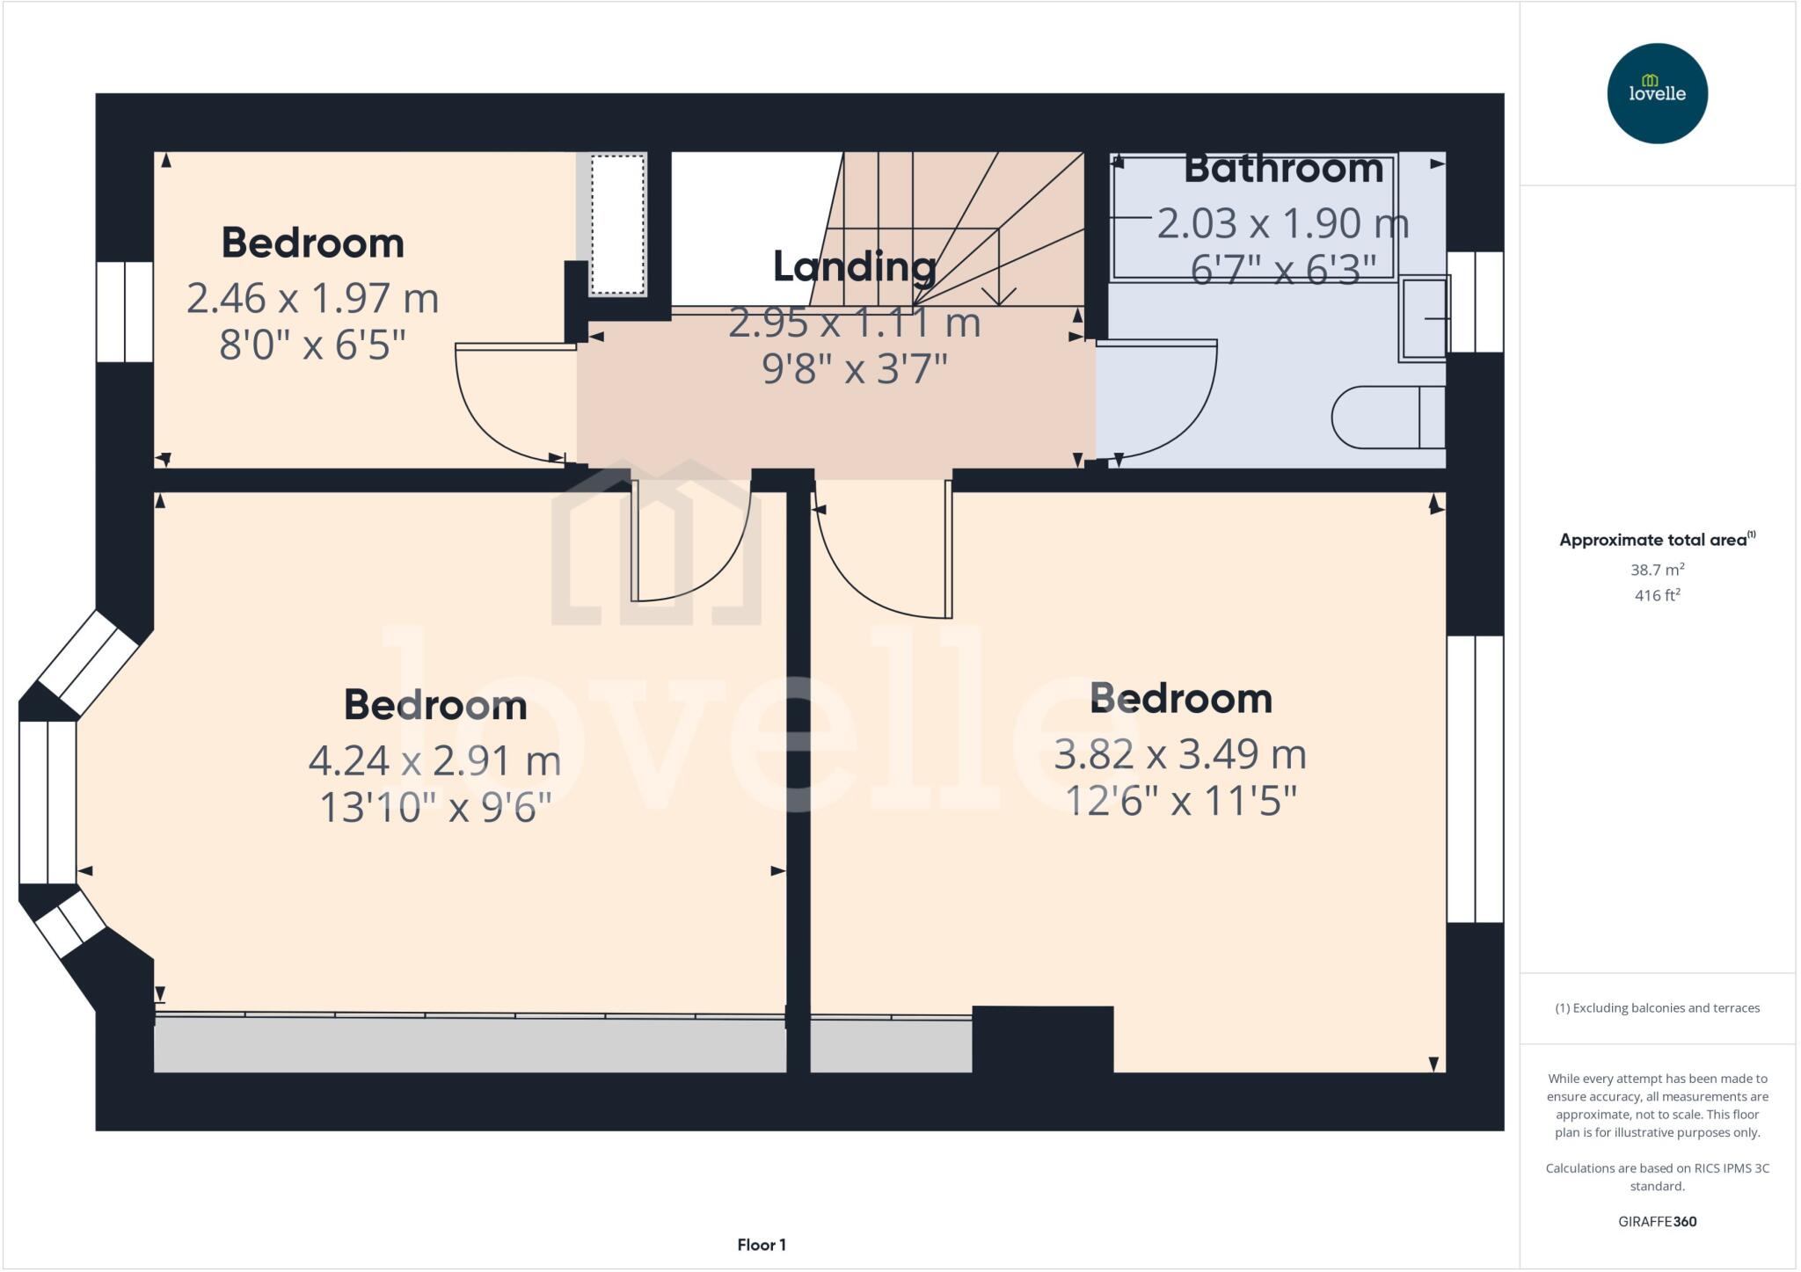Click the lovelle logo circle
click(x=1657, y=93)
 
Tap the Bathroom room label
click(x=1283, y=169)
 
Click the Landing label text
click(x=854, y=266)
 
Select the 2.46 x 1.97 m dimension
click(x=312, y=299)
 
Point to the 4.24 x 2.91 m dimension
click(x=434, y=761)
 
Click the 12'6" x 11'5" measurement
click(x=1180, y=801)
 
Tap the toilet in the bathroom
click(x=1387, y=418)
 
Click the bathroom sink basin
click(x=1423, y=318)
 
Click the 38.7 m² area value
click(x=1657, y=570)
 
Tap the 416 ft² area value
click(x=1657, y=595)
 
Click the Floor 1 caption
click(x=762, y=1245)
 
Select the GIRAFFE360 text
click(x=1657, y=1221)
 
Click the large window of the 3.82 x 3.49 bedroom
click(x=1475, y=779)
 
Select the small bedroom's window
click(x=125, y=311)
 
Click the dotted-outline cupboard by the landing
click(x=617, y=224)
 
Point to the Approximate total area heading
click(x=1657, y=540)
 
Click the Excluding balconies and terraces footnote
click(x=1657, y=1008)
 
